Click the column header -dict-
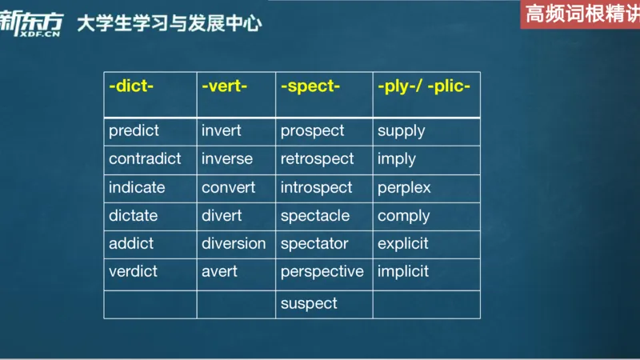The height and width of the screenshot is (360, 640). pos(130,86)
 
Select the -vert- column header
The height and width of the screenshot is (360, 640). pos(224,86)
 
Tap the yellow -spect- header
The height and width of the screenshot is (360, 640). pos(310,86)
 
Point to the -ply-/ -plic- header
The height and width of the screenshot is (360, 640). pos(423,86)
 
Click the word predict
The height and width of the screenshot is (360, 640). pos(134,130)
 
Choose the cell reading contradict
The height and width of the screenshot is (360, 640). pos(145,158)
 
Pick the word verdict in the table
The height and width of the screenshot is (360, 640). pos(132,271)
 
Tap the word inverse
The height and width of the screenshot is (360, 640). pos(227,158)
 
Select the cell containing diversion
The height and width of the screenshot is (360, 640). pos(234,243)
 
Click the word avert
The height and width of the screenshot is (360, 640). pos(219,271)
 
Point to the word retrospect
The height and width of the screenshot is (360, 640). pos(317,158)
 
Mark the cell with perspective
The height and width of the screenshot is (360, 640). pos(322,271)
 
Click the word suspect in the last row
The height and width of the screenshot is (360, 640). pos(309,303)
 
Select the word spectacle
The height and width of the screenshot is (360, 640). pos(314,215)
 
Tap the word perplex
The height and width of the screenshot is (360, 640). pos(404,187)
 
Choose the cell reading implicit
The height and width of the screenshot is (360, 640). pos(403,271)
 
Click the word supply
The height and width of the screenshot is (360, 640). pos(401,130)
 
